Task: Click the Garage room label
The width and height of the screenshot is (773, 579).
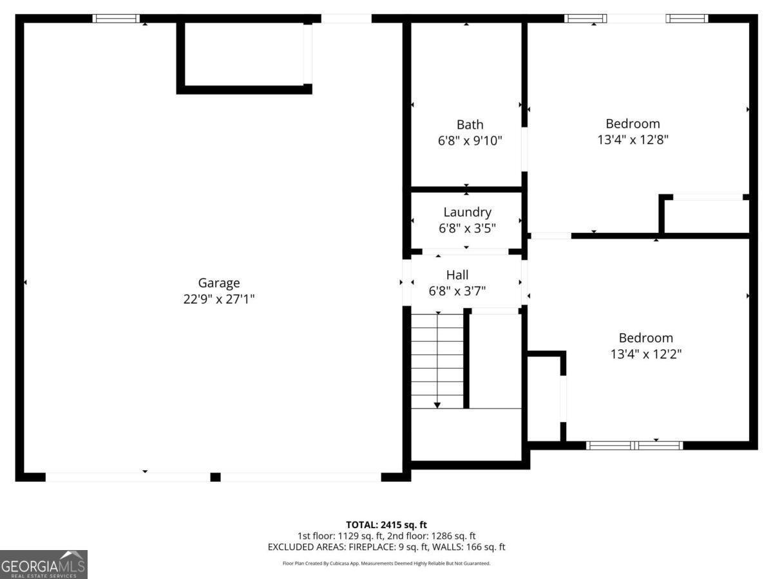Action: tap(218, 282)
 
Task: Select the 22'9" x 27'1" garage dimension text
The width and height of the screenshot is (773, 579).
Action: tap(218, 299)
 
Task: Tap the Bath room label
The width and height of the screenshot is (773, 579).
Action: tap(470, 124)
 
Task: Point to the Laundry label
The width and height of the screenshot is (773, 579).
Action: tap(467, 212)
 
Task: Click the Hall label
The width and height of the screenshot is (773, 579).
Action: tap(457, 275)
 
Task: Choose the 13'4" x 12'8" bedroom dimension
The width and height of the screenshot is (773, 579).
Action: tap(633, 140)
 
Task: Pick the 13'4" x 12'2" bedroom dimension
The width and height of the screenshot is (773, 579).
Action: tap(645, 354)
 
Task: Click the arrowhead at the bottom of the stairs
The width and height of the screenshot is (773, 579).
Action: tap(437, 405)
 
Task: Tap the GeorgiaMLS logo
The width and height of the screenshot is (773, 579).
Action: tap(43, 564)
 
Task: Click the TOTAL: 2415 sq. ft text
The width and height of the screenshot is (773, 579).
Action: tap(386, 525)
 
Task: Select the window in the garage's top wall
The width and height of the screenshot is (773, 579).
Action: tap(116, 19)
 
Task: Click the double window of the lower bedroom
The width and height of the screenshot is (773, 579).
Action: tap(635, 445)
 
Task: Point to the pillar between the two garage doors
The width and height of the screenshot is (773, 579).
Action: tap(215, 477)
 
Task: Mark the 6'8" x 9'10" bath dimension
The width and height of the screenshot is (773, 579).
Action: tap(470, 140)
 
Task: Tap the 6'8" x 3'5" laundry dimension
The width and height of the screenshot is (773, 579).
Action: tap(467, 228)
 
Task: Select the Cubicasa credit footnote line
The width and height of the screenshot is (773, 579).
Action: tap(386, 564)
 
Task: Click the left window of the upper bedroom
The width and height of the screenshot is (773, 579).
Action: tap(585, 19)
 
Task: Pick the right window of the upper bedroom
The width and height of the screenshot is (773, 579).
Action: tap(687, 19)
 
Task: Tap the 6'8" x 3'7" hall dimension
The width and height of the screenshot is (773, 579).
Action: tap(457, 291)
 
